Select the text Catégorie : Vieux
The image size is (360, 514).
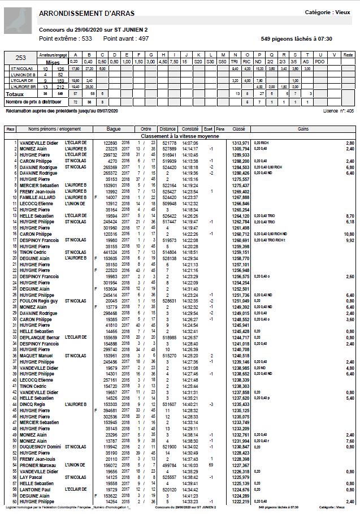pyautogui.click(x=327, y=12)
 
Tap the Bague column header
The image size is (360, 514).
pyautogui.click(x=114, y=129)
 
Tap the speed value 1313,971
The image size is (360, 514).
pyautogui.click(x=240, y=143)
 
